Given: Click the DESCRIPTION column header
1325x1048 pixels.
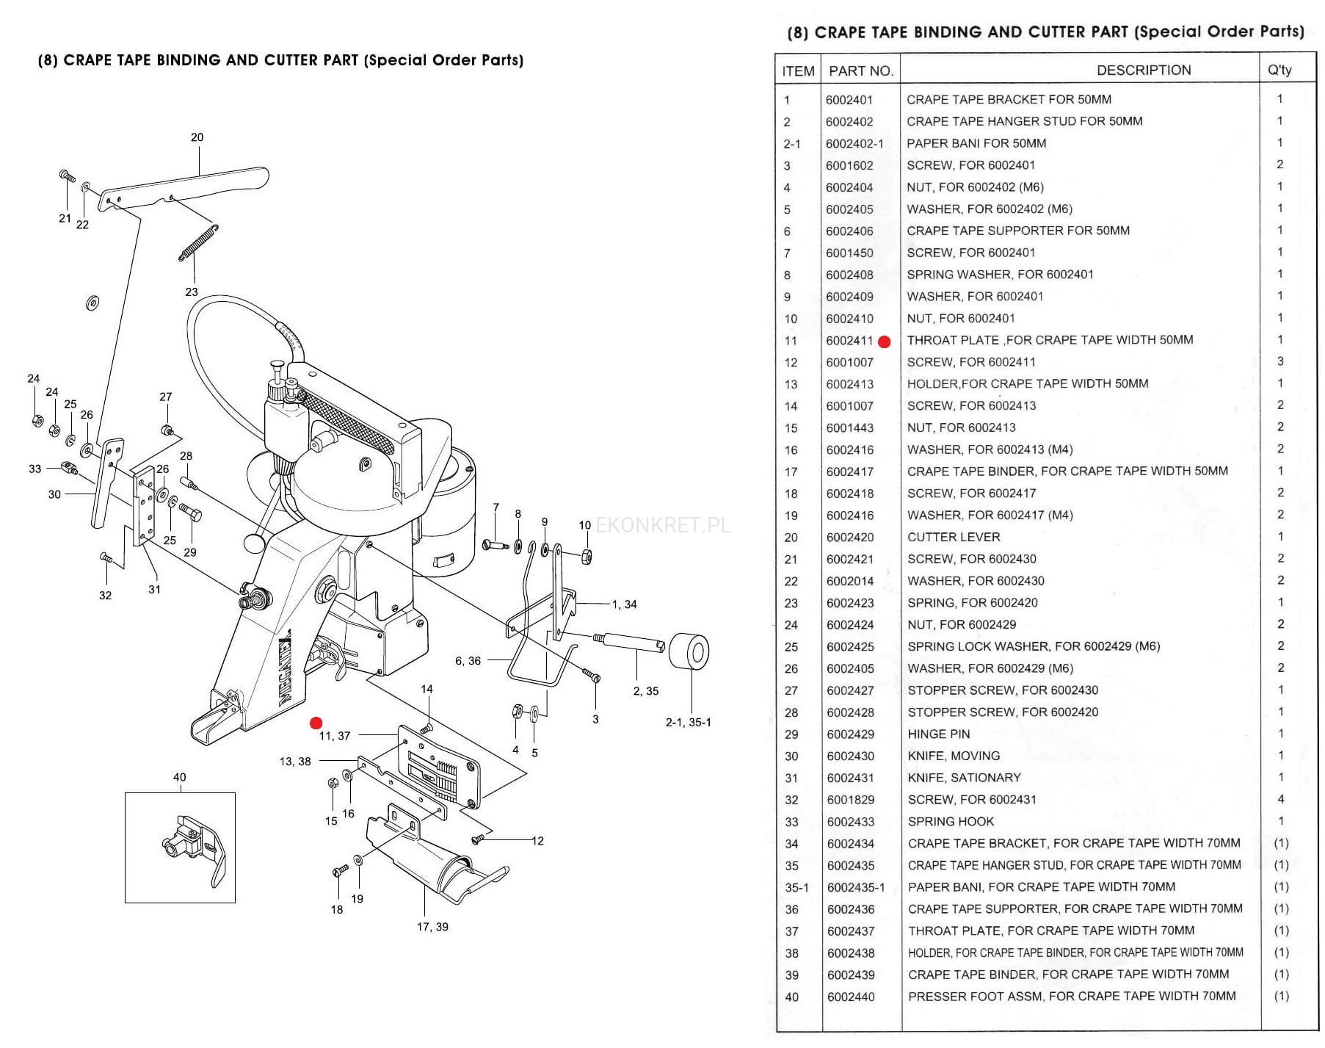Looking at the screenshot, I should click(1144, 71).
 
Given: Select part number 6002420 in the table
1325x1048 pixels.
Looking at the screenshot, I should click(850, 538).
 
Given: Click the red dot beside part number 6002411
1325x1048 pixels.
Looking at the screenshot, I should click(885, 341).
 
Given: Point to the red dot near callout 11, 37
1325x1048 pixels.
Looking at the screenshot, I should click(316, 723).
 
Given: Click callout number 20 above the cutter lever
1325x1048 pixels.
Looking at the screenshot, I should click(197, 137).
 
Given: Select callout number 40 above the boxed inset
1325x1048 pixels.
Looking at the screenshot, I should click(179, 777).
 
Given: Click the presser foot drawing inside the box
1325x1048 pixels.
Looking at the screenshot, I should click(192, 848).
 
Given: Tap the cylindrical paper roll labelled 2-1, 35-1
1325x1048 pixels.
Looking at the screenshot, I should click(689, 651).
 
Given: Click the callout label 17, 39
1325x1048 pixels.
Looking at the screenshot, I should click(432, 927).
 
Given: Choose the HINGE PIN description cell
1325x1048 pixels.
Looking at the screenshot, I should click(938, 734).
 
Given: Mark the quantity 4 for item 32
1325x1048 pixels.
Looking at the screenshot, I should click(1281, 799).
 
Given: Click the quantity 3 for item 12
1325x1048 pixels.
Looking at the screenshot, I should click(1281, 361).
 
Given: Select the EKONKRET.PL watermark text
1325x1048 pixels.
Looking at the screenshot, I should click(663, 525).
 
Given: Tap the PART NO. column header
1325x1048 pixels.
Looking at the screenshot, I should click(860, 71).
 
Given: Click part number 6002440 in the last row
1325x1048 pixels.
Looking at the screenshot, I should click(851, 997).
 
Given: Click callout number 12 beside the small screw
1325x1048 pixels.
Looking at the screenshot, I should click(537, 841).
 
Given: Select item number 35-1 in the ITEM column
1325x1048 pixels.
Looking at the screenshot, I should click(796, 887).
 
